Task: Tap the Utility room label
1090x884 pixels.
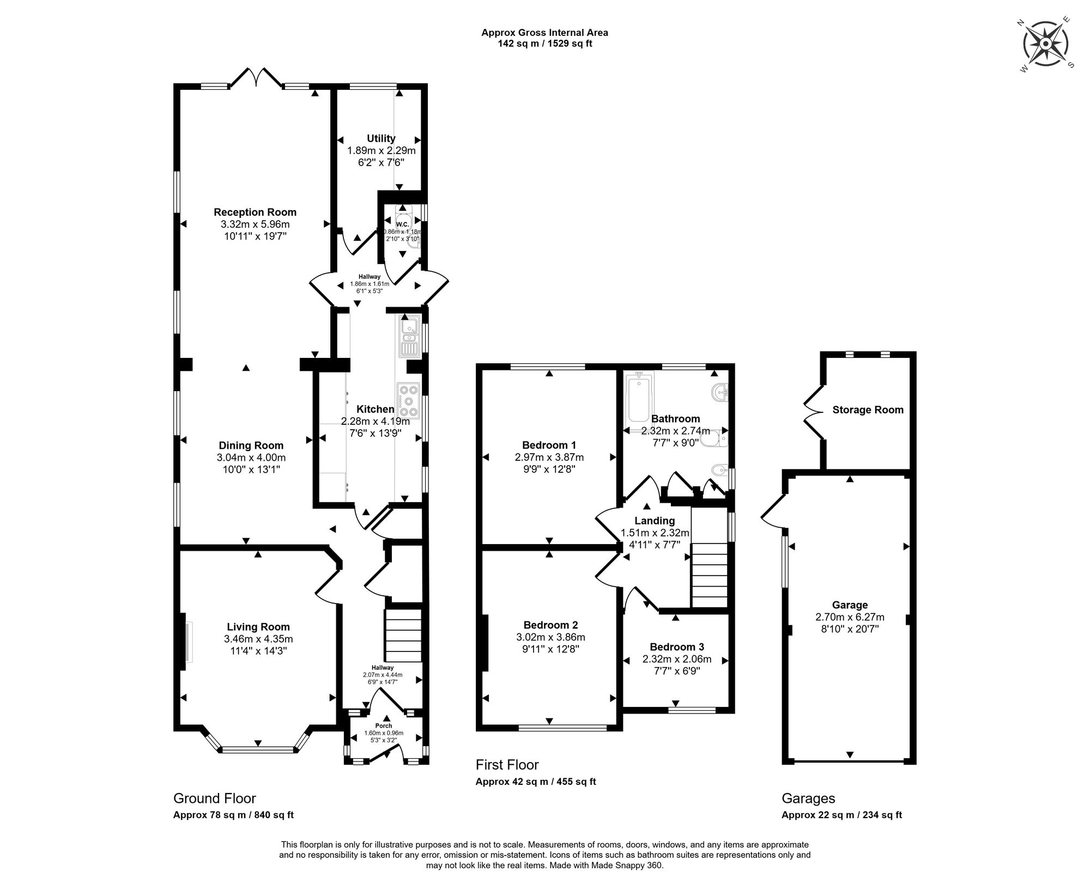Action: (x=381, y=138)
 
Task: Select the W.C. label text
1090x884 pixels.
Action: (x=402, y=224)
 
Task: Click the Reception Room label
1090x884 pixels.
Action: (x=255, y=212)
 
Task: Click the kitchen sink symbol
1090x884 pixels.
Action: (x=409, y=338)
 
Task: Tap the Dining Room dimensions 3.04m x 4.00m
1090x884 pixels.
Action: (x=251, y=458)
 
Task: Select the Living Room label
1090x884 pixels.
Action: (x=258, y=627)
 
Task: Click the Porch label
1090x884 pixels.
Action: (x=384, y=726)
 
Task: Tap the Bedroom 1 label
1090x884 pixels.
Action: (x=549, y=445)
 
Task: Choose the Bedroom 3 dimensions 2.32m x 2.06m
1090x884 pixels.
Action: (x=677, y=659)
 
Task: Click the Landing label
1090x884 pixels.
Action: (x=655, y=521)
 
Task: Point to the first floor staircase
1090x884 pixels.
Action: (x=710, y=580)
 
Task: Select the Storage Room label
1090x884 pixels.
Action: (x=868, y=410)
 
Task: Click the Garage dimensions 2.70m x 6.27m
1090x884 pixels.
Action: (x=850, y=617)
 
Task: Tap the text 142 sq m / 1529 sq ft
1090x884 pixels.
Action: (x=545, y=44)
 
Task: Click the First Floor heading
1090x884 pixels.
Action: (x=507, y=765)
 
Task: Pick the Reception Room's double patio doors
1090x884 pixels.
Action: (x=256, y=78)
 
